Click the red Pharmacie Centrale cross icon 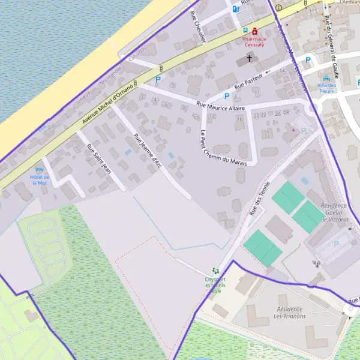point(254,31)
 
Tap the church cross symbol point(249,59)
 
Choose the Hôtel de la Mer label point(38,180)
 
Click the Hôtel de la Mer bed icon point(40,170)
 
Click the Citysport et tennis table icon point(215,272)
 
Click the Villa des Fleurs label point(328,88)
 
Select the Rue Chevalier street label point(197,26)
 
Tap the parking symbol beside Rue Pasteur point(227,95)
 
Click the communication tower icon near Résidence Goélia point(317,263)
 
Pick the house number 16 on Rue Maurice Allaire point(240,119)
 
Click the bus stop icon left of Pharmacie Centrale point(245,31)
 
